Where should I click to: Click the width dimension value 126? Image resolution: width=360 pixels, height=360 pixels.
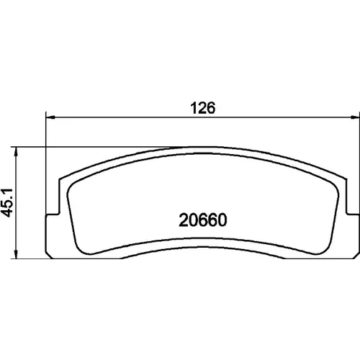pos(203,108)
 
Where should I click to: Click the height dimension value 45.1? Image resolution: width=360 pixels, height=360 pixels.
pos(7,203)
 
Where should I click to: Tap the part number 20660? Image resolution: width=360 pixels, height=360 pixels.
pos(203,220)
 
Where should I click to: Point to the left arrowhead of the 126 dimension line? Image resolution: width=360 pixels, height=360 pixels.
pos(50,117)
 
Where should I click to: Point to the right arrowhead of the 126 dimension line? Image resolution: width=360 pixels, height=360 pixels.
pos(355,117)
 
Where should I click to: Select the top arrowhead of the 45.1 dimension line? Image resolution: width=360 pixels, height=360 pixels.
pos(16,152)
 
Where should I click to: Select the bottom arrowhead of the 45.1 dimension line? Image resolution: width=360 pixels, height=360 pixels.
pos(16,254)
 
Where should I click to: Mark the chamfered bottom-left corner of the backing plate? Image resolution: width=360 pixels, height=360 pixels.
pos(48,256)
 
